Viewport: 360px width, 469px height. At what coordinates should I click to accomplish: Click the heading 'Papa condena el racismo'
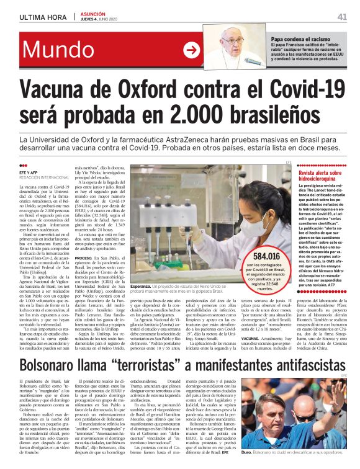(298, 40)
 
